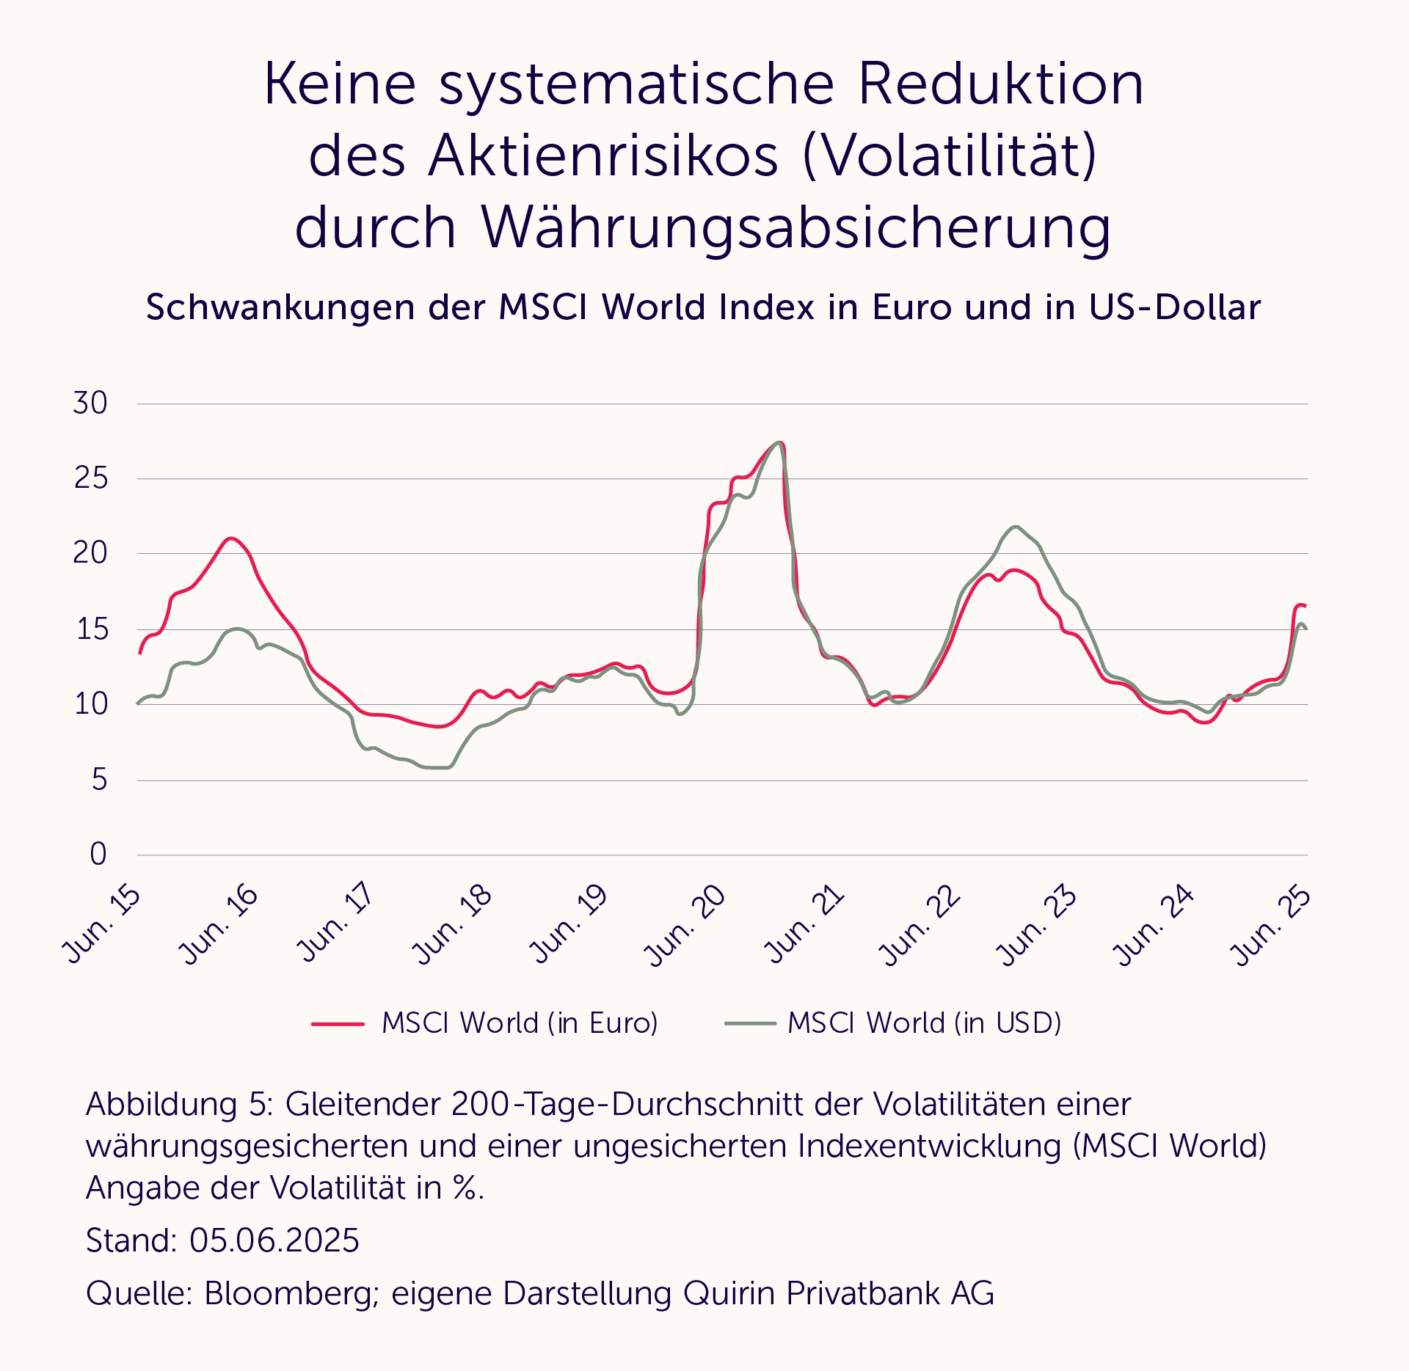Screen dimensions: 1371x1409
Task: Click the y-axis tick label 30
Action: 90,403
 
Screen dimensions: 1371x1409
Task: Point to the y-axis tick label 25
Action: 91,478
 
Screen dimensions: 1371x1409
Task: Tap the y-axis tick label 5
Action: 100,779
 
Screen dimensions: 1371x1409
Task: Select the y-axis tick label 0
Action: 98,854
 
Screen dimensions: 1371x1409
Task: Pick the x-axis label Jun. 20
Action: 685,925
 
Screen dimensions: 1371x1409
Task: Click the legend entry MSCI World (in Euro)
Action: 520,1023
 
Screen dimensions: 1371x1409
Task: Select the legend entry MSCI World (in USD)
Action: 925,1023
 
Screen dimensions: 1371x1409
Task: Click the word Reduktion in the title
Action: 1000,84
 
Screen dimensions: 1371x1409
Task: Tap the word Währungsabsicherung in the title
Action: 796,227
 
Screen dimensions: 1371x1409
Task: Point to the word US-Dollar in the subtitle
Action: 1174,307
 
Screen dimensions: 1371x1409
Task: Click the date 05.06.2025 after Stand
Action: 274,1240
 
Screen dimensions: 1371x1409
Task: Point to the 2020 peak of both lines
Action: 779,442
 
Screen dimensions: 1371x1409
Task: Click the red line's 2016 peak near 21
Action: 230,538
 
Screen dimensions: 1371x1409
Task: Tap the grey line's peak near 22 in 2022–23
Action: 1016,527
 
